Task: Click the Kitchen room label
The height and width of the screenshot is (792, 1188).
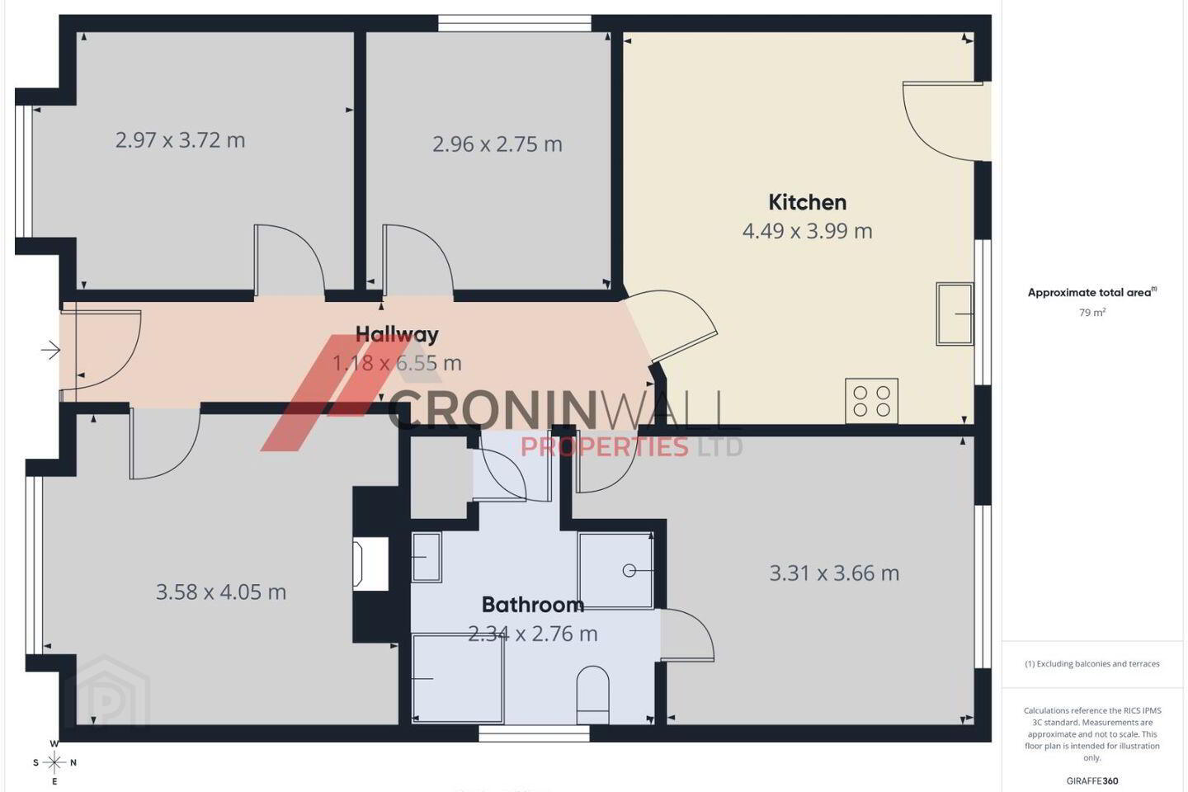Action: click(807, 203)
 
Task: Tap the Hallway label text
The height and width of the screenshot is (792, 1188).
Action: click(397, 334)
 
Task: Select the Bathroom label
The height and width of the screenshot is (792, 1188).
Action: click(533, 605)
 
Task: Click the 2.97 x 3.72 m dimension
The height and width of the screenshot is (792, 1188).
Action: click(181, 140)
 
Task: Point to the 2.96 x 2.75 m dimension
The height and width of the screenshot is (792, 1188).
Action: click(497, 144)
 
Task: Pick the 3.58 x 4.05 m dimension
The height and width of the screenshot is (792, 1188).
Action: click(221, 592)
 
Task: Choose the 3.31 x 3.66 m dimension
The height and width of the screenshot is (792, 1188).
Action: click(834, 573)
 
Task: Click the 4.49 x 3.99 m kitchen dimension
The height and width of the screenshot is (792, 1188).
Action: click(807, 231)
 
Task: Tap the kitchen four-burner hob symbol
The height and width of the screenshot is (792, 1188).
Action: click(871, 401)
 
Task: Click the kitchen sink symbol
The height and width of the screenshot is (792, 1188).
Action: click(955, 314)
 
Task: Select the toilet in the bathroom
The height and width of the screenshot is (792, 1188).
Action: click(592, 695)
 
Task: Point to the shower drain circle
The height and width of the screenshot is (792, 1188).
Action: click(629, 571)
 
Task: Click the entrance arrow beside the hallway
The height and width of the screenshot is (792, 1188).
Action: click(51, 350)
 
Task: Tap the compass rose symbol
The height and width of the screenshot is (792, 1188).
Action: click(54, 763)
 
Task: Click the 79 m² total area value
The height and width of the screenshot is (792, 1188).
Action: click(1092, 313)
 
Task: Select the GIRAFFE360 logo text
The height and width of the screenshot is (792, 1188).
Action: click(1092, 780)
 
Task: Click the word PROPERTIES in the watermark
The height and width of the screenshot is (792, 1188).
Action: click(605, 446)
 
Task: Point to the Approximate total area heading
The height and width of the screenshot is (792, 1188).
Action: click(1092, 292)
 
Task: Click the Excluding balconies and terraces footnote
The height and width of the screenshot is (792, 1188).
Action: click(1092, 663)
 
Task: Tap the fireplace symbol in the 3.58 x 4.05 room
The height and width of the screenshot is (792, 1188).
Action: click(370, 564)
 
